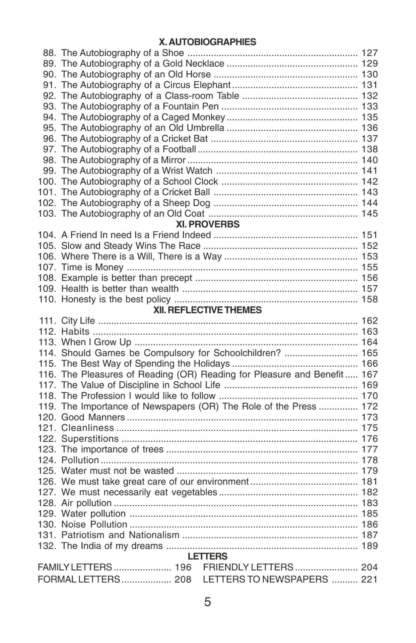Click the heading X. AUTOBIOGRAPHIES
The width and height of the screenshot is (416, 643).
(x=207, y=42)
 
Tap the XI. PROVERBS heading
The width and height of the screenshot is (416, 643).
(x=208, y=224)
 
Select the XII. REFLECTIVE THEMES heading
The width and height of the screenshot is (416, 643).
(x=207, y=310)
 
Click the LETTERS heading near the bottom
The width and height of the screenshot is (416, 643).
(x=207, y=556)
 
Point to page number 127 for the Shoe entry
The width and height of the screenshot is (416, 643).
(x=369, y=53)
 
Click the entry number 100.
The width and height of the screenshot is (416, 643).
(x=47, y=181)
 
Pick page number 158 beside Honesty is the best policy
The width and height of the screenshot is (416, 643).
(x=369, y=299)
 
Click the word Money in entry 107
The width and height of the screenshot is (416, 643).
(x=109, y=267)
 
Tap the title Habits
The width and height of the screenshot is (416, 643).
(x=75, y=331)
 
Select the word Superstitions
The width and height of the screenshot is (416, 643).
(x=90, y=438)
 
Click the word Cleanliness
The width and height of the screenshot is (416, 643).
(x=87, y=428)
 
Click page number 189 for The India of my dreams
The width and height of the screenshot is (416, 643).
(x=369, y=546)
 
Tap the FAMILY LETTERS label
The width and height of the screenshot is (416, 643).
(x=75, y=567)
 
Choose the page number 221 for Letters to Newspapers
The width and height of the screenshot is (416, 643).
(x=369, y=579)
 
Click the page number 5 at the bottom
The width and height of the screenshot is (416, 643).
(x=208, y=602)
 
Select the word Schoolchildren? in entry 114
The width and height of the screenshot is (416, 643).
(x=247, y=353)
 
